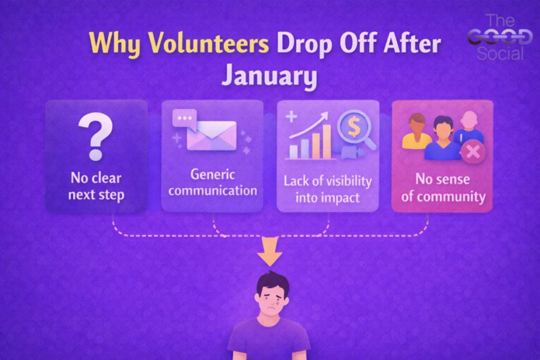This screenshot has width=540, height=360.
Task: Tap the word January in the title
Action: tap(269, 76)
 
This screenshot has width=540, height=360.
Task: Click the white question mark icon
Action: tap(96, 137)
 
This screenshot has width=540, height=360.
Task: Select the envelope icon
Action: tap(211, 135)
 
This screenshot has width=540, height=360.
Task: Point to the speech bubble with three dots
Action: tap(185, 119)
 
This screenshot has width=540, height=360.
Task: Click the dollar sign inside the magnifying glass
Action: tap(354, 126)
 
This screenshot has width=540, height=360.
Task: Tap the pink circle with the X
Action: tap(473, 151)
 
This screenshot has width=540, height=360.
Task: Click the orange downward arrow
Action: tap(270, 251)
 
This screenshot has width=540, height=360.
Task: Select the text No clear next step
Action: tap(96, 186)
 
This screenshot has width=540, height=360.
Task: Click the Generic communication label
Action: tap(213, 182)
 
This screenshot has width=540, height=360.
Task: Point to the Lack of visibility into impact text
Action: tap(327, 189)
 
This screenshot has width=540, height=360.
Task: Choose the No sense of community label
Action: tap(443, 188)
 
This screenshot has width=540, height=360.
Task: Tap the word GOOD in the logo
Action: tap(500, 37)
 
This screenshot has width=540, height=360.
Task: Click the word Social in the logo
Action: tap(500, 54)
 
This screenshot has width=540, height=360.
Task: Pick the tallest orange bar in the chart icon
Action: tap(326, 141)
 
